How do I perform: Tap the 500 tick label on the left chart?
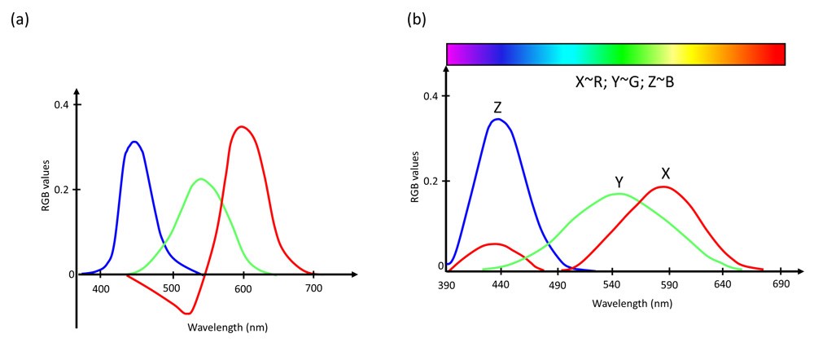click(x=172, y=288)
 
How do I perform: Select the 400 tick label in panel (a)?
click(x=101, y=288)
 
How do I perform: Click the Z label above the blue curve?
click(x=497, y=108)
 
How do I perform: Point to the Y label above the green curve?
click(x=619, y=182)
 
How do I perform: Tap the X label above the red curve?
click(x=666, y=173)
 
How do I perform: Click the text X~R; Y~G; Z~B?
click(x=615, y=83)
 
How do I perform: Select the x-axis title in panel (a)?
click(x=227, y=327)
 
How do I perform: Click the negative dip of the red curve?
click(x=187, y=313)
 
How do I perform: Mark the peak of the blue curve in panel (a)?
click(x=135, y=143)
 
